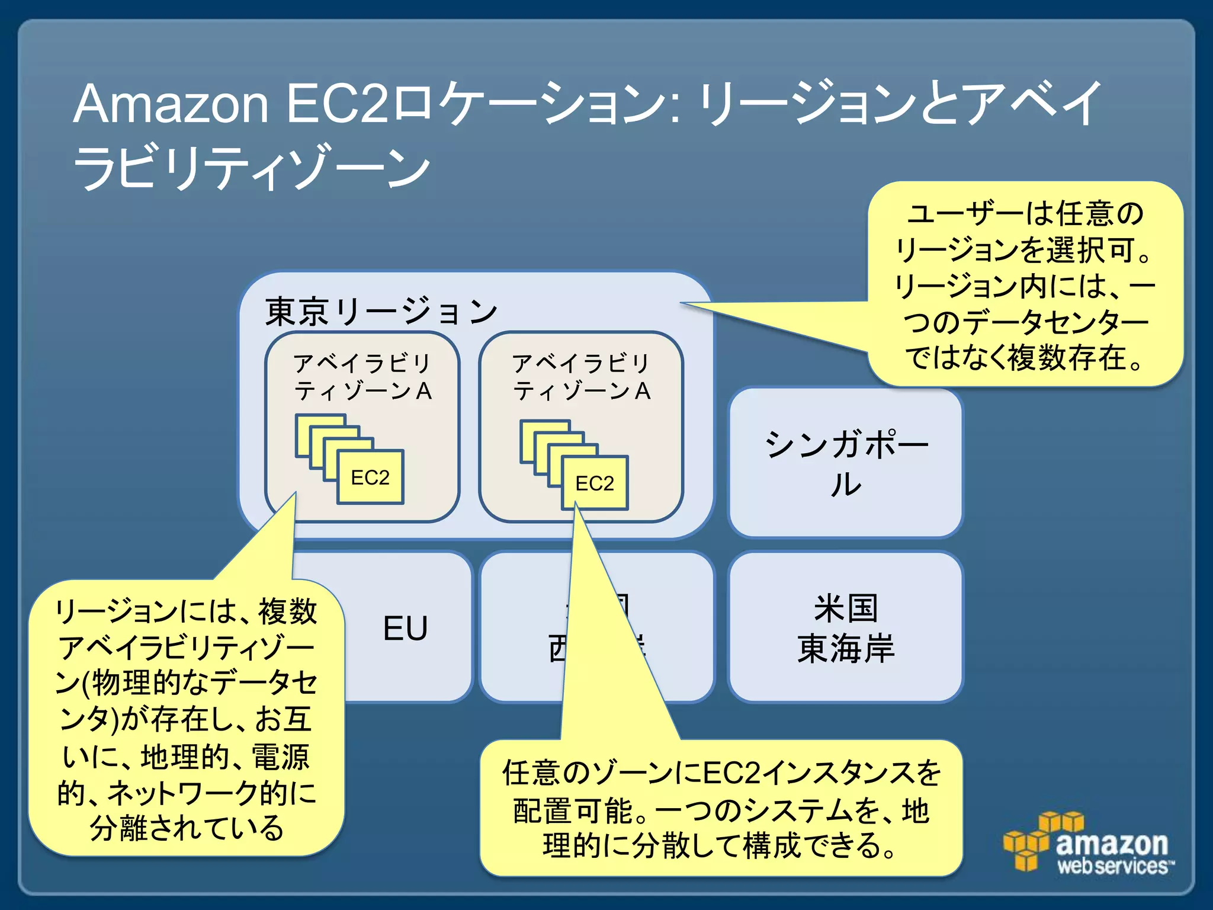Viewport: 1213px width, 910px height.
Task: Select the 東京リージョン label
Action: (x=381, y=312)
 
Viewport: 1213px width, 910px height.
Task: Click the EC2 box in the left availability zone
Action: (x=370, y=477)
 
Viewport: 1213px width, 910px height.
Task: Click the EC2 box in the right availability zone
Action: (x=595, y=483)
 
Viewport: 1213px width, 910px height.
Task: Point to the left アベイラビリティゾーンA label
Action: (x=362, y=377)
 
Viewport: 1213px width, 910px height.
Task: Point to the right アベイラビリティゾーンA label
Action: (x=582, y=377)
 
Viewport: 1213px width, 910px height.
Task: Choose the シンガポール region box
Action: (x=845, y=463)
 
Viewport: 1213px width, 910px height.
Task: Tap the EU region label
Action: (x=405, y=628)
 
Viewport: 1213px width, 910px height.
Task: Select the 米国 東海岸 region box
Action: (x=845, y=628)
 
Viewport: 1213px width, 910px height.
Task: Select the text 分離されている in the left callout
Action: (x=187, y=828)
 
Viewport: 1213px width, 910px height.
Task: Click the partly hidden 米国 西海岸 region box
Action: (x=681, y=628)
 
